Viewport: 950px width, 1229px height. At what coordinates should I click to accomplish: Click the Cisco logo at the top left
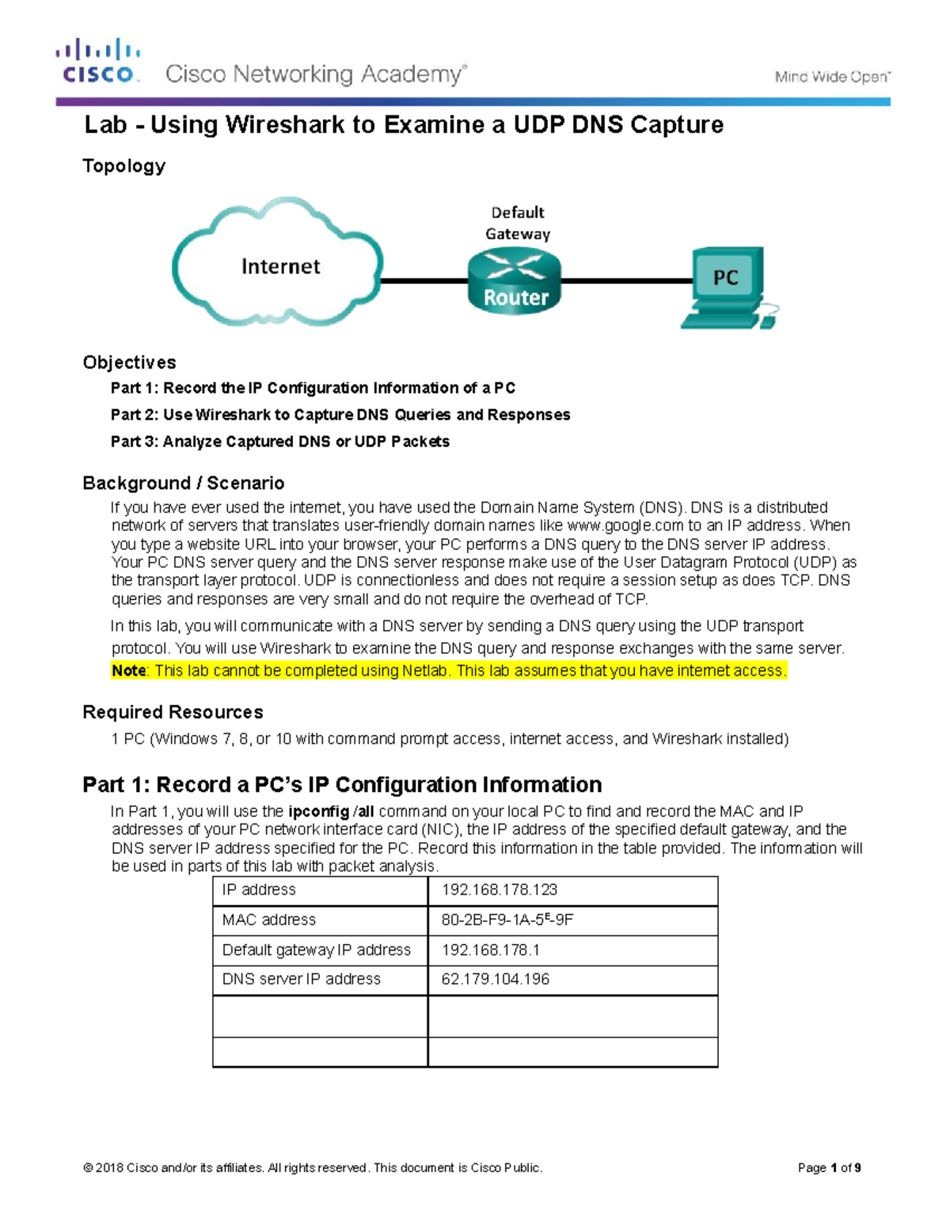coord(98,62)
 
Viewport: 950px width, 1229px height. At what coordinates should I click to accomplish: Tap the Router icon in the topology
coord(515,282)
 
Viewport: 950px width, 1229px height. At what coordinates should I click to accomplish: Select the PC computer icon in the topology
coord(726,286)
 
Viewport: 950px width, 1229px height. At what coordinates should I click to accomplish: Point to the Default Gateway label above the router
coord(518,222)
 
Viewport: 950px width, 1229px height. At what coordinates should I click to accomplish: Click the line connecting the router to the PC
coord(625,280)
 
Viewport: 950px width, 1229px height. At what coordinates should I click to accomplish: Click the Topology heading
coord(124,166)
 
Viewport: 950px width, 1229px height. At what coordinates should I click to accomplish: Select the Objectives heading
coord(129,362)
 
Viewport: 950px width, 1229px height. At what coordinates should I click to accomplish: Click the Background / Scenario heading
coord(183,483)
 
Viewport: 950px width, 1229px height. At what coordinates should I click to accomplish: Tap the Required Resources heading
coord(173,712)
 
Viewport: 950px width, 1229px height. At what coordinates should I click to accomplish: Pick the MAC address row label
coord(269,920)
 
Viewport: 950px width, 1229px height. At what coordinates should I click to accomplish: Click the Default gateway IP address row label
coord(317,950)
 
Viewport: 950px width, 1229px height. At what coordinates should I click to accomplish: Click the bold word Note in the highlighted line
coord(128,671)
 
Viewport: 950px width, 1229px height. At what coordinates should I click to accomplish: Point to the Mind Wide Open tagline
coord(832,77)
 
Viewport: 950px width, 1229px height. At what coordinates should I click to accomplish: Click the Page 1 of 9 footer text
coord(829,1168)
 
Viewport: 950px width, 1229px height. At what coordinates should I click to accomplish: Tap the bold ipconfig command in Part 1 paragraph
coord(319,812)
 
